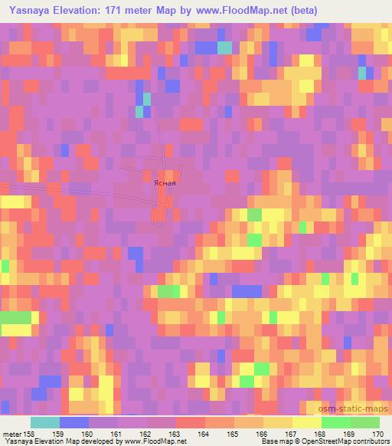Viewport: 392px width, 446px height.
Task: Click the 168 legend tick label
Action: click(322, 434)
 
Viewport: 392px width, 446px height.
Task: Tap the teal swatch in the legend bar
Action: click(45, 422)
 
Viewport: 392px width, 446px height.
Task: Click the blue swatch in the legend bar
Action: click(74, 422)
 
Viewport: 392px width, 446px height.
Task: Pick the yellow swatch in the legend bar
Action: click(306, 422)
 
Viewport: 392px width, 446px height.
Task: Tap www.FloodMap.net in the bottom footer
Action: click(153, 442)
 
